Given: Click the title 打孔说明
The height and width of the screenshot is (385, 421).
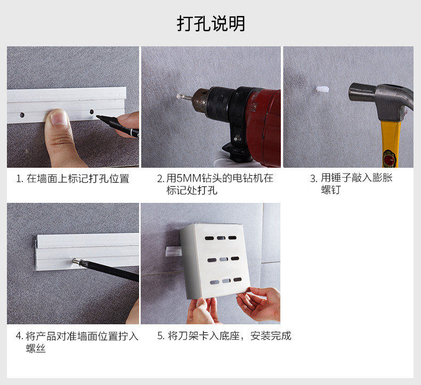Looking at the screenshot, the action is [211, 23].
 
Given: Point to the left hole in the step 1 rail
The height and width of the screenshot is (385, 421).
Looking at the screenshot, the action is [22, 115].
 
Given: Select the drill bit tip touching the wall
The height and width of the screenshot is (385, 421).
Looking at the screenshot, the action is [179, 96].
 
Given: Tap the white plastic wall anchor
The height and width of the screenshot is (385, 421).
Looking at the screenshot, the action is [322, 89].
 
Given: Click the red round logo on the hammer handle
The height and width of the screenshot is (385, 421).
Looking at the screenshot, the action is [390, 159].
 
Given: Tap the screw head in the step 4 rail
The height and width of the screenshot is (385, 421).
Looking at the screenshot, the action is [76, 260].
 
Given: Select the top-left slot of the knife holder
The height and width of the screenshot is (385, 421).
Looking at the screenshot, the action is [209, 238].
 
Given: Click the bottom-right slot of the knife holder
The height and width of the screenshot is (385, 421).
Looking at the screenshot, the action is [238, 280].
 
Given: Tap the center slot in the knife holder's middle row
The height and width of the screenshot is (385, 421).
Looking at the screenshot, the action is [223, 259].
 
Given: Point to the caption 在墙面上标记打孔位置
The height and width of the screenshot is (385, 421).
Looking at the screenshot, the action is [78, 178].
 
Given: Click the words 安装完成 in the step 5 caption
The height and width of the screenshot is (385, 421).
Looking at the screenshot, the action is [271, 335].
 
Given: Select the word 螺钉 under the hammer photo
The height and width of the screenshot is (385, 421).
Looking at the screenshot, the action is [331, 190].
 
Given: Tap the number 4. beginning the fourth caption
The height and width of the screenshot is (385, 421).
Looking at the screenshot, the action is [19, 336].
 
